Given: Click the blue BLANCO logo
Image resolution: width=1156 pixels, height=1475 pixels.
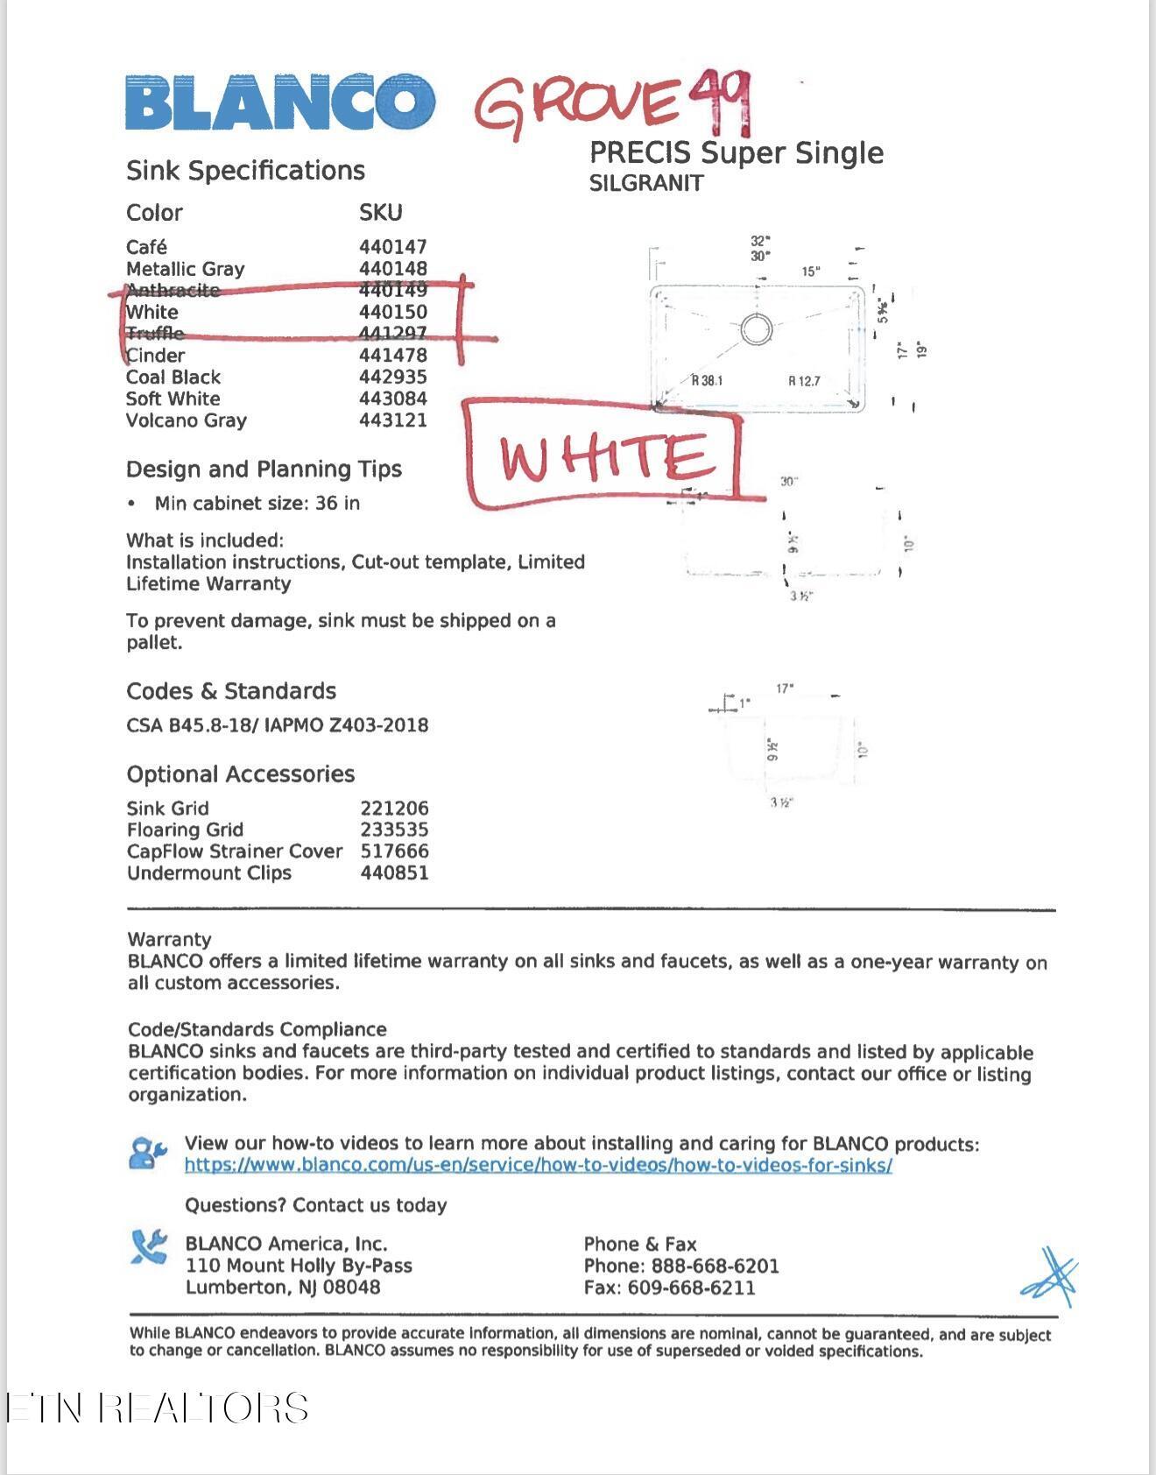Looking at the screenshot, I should pyautogui.click(x=279, y=102).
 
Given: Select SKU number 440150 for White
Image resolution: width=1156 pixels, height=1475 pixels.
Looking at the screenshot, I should pyautogui.click(x=393, y=312).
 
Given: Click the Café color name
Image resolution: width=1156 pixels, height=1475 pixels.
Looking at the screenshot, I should pyautogui.click(x=146, y=247).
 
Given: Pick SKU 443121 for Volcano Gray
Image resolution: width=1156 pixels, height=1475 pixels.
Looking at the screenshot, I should pyautogui.click(x=393, y=420).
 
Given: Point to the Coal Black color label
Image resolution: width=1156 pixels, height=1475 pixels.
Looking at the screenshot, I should pyautogui.click(x=173, y=378).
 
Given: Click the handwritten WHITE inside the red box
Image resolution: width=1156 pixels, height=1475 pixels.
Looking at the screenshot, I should pyautogui.click(x=603, y=457).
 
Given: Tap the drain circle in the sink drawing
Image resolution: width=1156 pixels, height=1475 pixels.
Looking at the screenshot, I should pyautogui.click(x=755, y=329).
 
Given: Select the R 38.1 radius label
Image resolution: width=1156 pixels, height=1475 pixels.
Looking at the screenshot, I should pyautogui.click(x=708, y=380).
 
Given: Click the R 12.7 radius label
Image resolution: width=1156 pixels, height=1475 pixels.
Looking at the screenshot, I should pyautogui.click(x=804, y=381).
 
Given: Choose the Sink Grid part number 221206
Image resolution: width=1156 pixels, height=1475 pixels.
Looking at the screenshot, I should pyautogui.click(x=394, y=808).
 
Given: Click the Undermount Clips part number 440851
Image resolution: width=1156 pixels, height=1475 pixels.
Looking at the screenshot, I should pyautogui.click(x=394, y=873).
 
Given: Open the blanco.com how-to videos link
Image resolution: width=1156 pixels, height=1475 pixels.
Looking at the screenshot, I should pyautogui.click(x=538, y=1166).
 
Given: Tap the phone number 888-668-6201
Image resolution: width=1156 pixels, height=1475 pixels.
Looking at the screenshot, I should pyautogui.click(x=715, y=1267).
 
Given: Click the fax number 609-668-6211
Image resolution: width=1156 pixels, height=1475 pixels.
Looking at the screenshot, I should pyautogui.click(x=691, y=1288).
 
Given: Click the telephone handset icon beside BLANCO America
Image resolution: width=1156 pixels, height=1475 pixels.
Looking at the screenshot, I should pyautogui.click(x=149, y=1247).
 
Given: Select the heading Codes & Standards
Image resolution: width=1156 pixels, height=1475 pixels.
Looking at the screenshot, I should pyautogui.click(x=231, y=692).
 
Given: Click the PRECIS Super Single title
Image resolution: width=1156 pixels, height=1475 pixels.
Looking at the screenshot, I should pyautogui.click(x=737, y=153).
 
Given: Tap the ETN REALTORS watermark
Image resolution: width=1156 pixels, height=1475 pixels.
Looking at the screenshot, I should pyautogui.click(x=158, y=1408).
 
